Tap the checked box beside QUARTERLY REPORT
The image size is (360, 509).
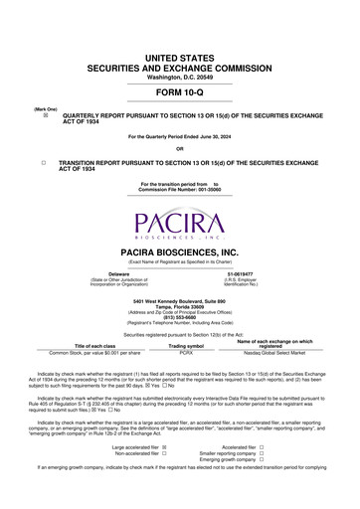[43, 114]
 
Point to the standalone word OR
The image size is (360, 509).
[180, 149]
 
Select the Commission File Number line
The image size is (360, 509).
[180, 189]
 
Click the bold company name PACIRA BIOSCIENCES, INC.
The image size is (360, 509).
[180, 253]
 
